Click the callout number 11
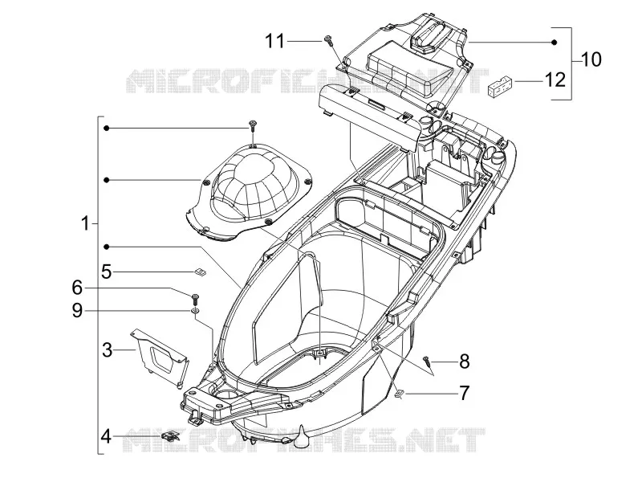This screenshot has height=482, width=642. point(274,41)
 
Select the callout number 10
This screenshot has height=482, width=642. point(591,59)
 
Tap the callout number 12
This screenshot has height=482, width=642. point(555,80)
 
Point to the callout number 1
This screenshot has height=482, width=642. point(85,224)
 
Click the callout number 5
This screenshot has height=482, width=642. point(107,272)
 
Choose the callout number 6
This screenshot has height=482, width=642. point(77,288)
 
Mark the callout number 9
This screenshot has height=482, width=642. point(77,311)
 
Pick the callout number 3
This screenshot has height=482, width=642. point(107,350)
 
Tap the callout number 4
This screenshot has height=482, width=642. point(106,436)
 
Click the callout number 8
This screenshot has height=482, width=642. point(465,361)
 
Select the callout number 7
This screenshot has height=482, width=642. point(464,393)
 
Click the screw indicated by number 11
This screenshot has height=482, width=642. point(327,39)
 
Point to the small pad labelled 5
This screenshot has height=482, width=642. point(200,272)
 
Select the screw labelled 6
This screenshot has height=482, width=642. point(195,299)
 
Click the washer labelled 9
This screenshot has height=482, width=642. point(195,312)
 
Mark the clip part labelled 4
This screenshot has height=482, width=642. point(170,435)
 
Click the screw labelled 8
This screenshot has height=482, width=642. point(427,361)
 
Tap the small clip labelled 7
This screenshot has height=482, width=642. point(399,394)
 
